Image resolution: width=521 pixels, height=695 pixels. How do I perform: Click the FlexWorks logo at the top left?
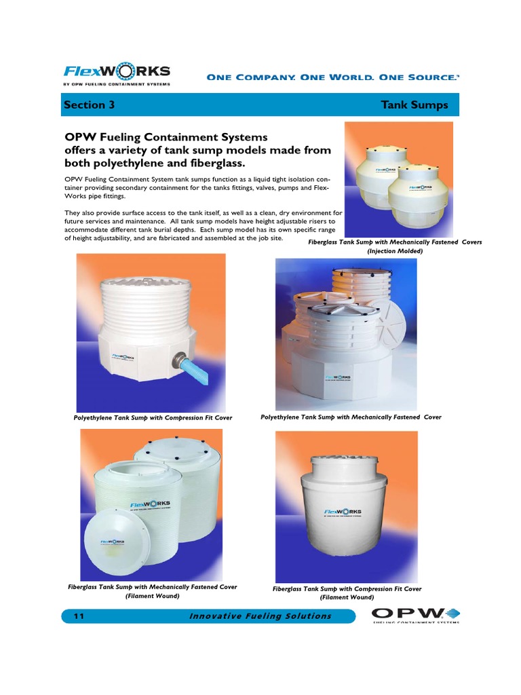pyautogui.click(x=117, y=73)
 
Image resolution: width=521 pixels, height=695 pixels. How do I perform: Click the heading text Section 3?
pyautogui.click(x=85, y=105)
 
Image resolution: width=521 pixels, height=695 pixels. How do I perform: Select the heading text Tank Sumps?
pyautogui.click(x=414, y=105)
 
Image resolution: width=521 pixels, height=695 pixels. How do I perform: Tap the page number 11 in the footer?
pyautogui.click(x=78, y=616)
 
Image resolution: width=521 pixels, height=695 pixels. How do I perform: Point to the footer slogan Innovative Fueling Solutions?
pyautogui.click(x=260, y=616)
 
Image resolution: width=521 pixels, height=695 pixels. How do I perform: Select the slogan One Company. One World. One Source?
pyautogui.click(x=332, y=77)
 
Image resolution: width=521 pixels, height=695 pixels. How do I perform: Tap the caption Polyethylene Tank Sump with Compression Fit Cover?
pyautogui.click(x=153, y=417)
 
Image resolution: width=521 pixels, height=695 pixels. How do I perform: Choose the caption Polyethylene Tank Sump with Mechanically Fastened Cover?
pyautogui.click(x=351, y=417)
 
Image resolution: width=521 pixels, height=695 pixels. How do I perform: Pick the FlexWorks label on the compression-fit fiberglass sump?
pyautogui.click(x=343, y=512)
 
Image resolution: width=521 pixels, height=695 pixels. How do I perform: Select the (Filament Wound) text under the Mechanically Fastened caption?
pyautogui.click(x=153, y=596)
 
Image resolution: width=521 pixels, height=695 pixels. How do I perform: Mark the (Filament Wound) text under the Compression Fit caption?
pyautogui.click(x=347, y=598)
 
